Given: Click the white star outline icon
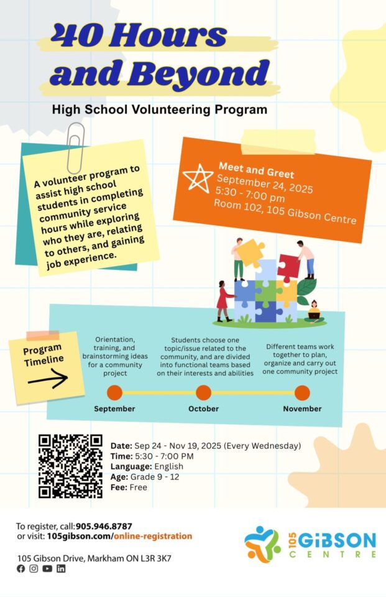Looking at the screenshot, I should [198, 178].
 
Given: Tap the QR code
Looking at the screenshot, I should [70, 466].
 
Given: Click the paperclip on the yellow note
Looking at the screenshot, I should [76, 147].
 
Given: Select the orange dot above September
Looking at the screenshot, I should [114, 392].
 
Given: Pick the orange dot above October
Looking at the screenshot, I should [203, 392].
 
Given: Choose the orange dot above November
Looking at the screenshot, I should [302, 392].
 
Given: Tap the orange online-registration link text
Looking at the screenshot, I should [152, 536].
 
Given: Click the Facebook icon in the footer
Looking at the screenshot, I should [21, 568].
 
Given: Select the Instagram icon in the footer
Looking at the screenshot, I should [34, 568].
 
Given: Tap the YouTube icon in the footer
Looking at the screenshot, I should [47, 568].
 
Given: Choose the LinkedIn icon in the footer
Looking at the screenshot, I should [61, 568].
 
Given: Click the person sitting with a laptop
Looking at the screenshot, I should [314, 312].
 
